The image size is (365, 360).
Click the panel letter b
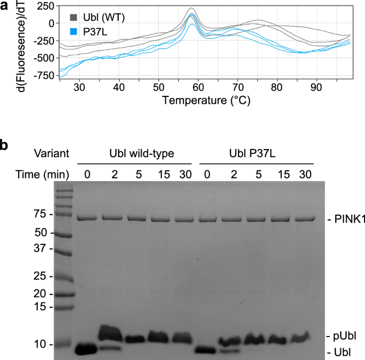point(5,144)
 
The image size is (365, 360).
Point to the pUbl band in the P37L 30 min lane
point(303,337)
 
